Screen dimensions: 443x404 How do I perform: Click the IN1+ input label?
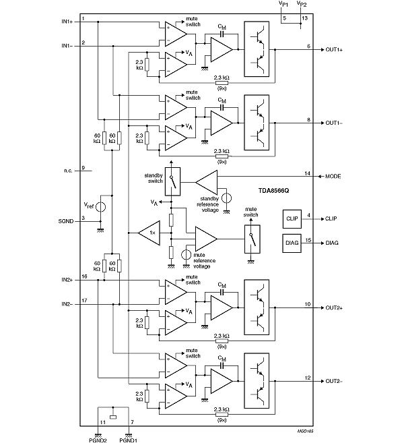pyautogui.click(x=68, y=22)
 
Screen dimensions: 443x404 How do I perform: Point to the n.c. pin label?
pyautogui.click(x=68, y=170)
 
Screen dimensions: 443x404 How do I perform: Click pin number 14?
pyautogui.click(x=307, y=173)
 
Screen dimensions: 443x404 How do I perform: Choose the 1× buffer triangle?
pyautogui.click(x=149, y=233)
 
